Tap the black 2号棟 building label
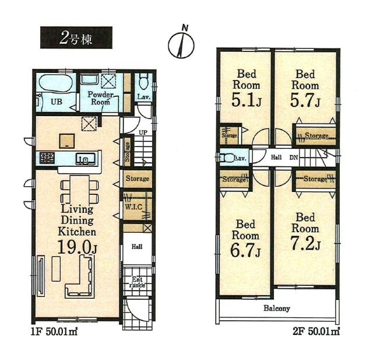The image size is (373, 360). (x=76, y=39)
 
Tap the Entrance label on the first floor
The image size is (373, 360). (x=137, y=283)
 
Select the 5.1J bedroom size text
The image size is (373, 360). (x=245, y=103)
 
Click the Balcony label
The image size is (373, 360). (x=276, y=308)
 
